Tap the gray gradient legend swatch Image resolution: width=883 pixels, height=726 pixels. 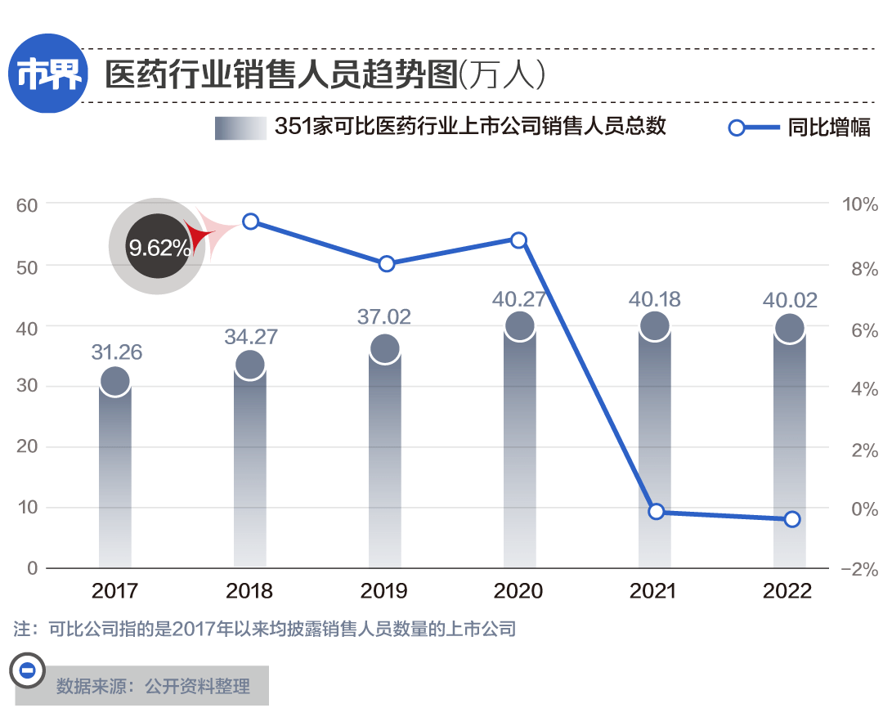240,128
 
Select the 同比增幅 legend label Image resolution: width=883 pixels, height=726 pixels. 828,128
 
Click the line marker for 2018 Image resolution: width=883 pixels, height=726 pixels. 251,222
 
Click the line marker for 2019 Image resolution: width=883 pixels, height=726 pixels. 387,263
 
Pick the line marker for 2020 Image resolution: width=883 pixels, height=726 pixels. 518,240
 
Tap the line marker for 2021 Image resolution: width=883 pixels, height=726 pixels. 655,512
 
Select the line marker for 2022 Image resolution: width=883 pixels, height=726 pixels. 791,519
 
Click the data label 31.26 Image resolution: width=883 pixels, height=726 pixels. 116,352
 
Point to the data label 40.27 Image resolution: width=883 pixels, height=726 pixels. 518,298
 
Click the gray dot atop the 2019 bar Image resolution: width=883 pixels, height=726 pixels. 384,349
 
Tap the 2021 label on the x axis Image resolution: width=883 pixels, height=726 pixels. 653,591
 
